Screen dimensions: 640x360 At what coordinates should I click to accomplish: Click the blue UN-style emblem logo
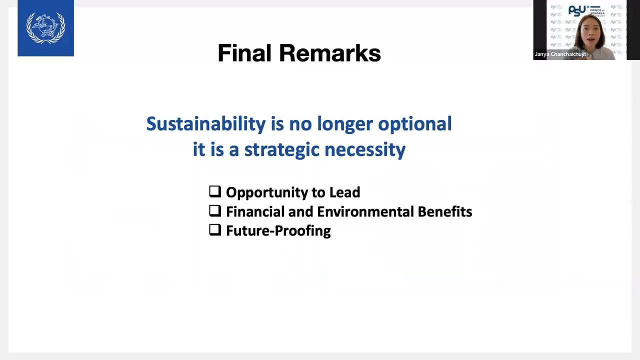click(x=45, y=28)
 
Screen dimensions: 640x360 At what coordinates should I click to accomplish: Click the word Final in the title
click(x=244, y=53)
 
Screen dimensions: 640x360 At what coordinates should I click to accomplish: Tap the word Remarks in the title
click(x=330, y=53)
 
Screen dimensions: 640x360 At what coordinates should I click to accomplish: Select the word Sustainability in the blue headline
click(x=206, y=124)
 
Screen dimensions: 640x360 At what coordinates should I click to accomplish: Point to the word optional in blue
click(x=415, y=124)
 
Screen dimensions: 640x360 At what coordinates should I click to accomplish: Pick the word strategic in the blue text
click(x=281, y=150)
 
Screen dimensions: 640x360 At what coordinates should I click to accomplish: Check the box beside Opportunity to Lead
click(x=215, y=191)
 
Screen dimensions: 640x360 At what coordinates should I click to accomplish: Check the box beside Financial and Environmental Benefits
click(x=215, y=210)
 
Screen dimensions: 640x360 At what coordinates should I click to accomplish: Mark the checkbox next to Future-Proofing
click(x=215, y=229)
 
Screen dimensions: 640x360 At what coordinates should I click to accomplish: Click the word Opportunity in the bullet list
click(x=267, y=193)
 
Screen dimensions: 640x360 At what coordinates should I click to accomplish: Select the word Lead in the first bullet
click(x=344, y=192)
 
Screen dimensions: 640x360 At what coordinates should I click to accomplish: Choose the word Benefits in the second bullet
click(x=445, y=211)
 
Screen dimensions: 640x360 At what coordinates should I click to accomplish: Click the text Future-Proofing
click(x=278, y=231)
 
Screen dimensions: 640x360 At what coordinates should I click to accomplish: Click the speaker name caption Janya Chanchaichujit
click(x=560, y=54)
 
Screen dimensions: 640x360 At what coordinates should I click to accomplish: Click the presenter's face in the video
click(x=590, y=33)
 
